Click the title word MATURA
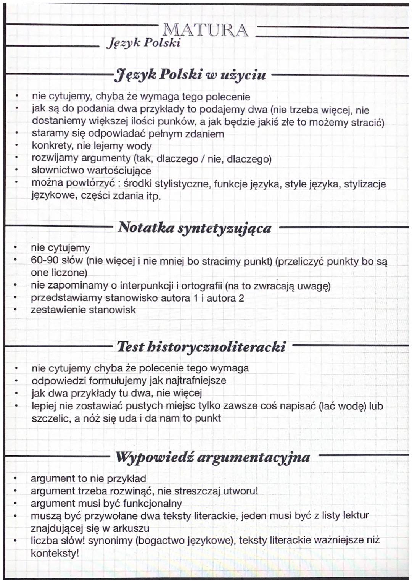[205, 30]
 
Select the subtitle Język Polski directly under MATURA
[143, 43]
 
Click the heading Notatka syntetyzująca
[195, 228]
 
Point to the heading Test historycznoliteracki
[201, 347]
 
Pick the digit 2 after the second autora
[241, 298]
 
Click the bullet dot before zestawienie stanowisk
[15, 310]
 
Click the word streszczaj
[197, 491]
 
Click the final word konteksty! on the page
[55, 553]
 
